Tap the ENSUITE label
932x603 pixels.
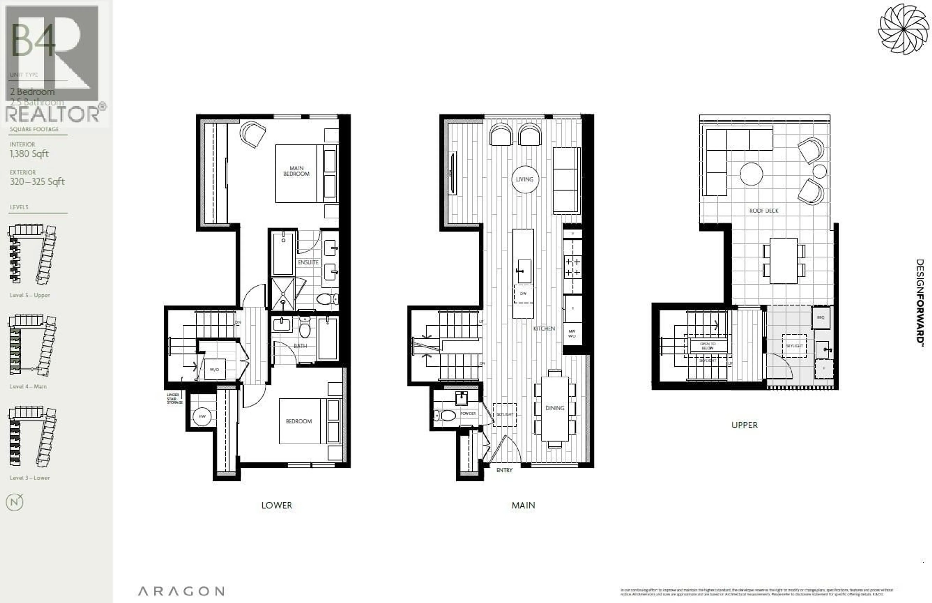(x=308, y=262)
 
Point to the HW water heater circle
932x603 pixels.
(x=202, y=416)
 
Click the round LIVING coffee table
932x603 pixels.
(x=524, y=179)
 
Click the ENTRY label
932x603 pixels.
(x=504, y=470)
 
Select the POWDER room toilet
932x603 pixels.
(x=445, y=415)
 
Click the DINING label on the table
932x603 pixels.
(x=555, y=408)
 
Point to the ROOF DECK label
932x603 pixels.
(x=764, y=211)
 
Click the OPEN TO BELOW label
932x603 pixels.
(x=707, y=346)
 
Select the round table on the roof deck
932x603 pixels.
(x=751, y=174)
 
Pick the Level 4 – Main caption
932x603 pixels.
(x=28, y=386)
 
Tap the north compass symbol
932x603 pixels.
(x=15, y=502)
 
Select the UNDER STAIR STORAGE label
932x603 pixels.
(x=175, y=399)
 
